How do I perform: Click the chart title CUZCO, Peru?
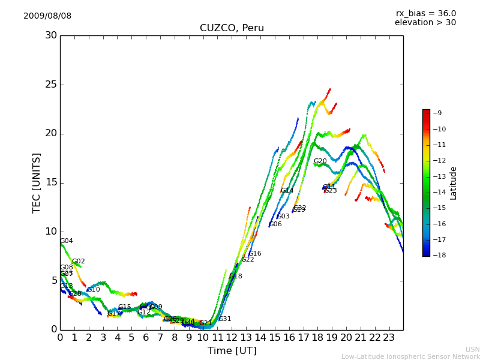[x=232, y=28]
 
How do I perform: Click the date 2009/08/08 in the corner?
[x=47, y=16]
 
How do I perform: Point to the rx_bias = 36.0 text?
[x=425, y=13]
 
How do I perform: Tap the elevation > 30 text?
[x=425, y=23]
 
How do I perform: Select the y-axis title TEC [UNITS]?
[x=37, y=182]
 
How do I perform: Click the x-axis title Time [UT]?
[x=232, y=351]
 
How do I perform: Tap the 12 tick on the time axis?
[x=232, y=338]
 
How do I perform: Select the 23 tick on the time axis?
[x=389, y=338]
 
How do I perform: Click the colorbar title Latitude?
[x=454, y=182]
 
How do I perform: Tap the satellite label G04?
[x=67, y=241]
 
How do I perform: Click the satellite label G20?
[x=320, y=161]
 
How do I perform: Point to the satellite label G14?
[x=287, y=191]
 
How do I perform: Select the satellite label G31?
[x=225, y=319]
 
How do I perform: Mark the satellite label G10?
[x=94, y=290]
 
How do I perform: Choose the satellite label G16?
[x=255, y=254]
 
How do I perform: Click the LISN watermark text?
[x=472, y=349]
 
